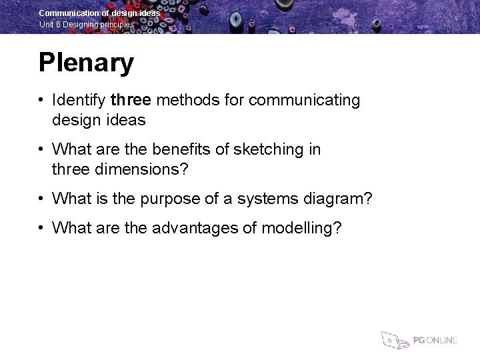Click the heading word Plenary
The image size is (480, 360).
[x=86, y=63]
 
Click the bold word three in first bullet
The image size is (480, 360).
[x=131, y=101]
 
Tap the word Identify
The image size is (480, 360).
[x=79, y=101]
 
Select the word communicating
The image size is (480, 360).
[x=304, y=101]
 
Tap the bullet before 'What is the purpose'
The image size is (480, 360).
[x=41, y=199]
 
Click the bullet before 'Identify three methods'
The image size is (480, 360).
[x=41, y=101]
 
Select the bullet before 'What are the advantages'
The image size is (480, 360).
[x=41, y=228]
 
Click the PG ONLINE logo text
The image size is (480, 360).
[x=435, y=340]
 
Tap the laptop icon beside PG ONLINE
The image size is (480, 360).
[x=394, y=339]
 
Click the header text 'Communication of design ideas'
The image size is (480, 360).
[x=99, y=13]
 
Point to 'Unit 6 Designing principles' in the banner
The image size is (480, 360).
[x=87, y=25]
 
